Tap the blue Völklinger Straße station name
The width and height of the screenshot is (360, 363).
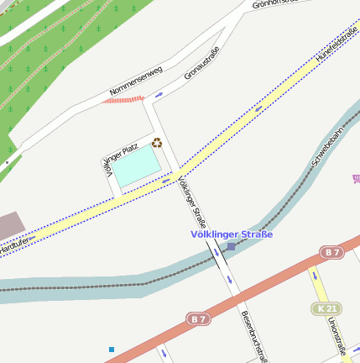(x=232, y=234)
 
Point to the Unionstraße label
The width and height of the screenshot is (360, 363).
(x=337, y=336)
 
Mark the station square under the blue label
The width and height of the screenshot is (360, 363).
(x=231, y=247)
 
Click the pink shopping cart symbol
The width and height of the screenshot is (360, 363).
(x=356, y=178)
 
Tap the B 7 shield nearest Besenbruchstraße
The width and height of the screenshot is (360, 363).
(x=198, y=318)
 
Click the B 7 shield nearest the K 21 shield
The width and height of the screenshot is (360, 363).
(x=331, y=252)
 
